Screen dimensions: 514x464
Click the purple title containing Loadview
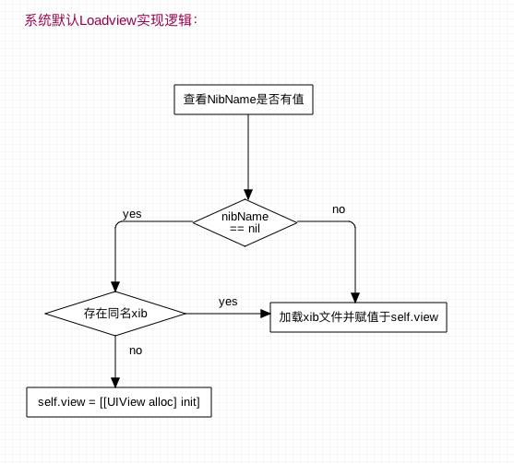pyautogui.click(x=111, y=20)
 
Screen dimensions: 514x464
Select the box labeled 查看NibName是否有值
pyautogui.click(x=244, y=100)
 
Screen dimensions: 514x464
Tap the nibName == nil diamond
pyautogui.click(x=245, y=222)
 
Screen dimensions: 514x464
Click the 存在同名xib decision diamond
pyautogui.click(x=115, y=314)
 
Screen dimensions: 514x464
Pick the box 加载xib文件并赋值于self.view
pyautogui.click(x=358, y=317)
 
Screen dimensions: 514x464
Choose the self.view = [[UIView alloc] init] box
pyautogui.click(x=119, y=402)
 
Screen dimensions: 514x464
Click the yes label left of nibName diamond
pyautogui.click(x=132, y=214)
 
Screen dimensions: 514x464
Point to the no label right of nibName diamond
pyautogui.click(x=339, y=209)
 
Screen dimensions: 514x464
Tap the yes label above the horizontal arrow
pyautogui.click(x=228, y=302)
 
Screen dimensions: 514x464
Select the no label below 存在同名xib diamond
pyautogui.click(x=136, y=351)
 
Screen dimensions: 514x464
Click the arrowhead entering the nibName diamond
pyautogui.click(x=248, y=195)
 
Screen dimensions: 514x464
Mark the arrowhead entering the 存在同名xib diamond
pyautogui.click(x=115, y=287)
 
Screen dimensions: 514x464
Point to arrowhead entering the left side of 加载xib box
pyautogui.click(x=265, y=314)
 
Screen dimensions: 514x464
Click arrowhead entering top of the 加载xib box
pyautogui.click(x=355, y=298)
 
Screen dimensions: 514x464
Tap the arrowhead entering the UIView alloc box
pyautogui.click(x=115, y=383)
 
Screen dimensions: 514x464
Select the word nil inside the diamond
pyautogui.click(x=254, y=229)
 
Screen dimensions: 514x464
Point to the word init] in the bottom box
pyautogui.click(x=190, y=402)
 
